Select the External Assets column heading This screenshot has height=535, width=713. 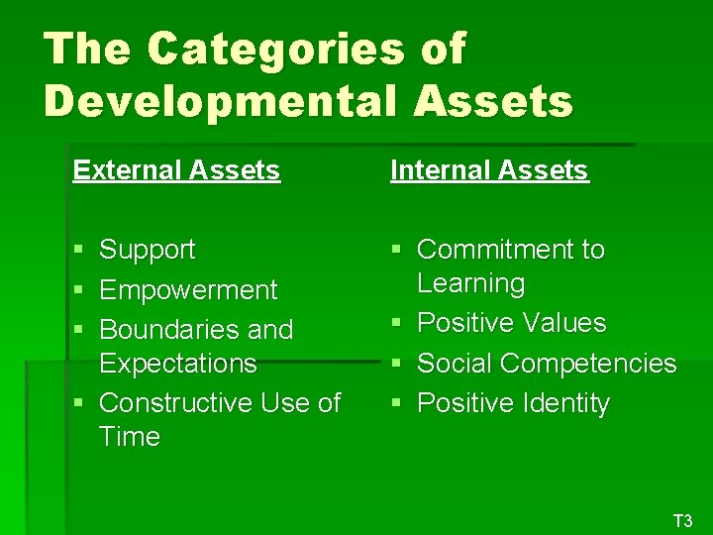tap(176, 170)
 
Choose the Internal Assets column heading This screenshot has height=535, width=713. tap(489, 170)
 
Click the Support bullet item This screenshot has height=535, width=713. tap(148, 250)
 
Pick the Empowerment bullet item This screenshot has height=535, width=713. tap(188, 290)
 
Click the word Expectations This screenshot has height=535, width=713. tap(178, 363)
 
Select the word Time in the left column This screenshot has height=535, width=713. tap(130, 437)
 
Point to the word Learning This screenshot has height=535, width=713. tap(470, 283)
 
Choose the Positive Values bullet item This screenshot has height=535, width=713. tap(511, 323)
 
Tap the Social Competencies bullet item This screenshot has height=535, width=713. tap(547, 364)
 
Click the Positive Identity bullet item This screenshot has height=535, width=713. tap(513, 403)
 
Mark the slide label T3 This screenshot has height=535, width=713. tap(682, 520)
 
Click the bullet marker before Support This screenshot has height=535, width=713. tap(78, 251)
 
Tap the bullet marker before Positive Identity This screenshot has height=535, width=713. tap(396, 404)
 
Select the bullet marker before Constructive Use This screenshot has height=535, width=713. tap(78, 404)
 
